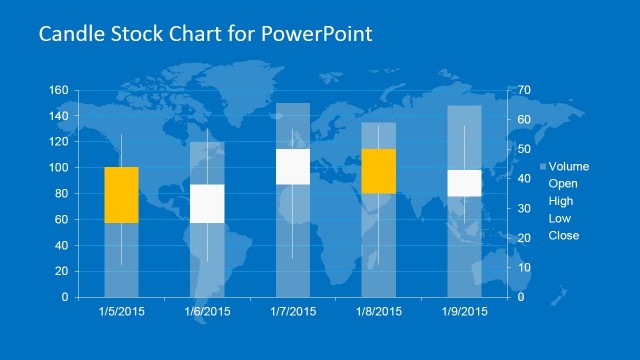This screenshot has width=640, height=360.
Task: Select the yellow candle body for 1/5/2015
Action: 121,194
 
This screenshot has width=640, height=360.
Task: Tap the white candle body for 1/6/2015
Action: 207,204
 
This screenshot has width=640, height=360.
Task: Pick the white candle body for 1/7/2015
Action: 293,166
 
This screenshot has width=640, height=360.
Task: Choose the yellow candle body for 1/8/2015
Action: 379,170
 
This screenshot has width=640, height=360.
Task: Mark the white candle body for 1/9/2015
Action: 464,183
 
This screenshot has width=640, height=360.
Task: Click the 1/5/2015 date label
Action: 121,311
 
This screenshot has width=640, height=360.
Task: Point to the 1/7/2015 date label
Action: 293,311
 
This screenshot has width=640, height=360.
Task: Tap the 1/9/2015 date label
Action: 464,311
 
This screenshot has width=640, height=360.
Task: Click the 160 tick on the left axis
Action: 58,91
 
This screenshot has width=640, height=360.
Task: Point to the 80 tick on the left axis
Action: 61,194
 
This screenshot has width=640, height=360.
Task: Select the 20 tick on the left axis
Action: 61,271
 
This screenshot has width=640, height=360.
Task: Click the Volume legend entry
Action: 568,166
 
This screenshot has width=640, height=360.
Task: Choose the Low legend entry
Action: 559,218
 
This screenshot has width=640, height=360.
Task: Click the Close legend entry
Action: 563,236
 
